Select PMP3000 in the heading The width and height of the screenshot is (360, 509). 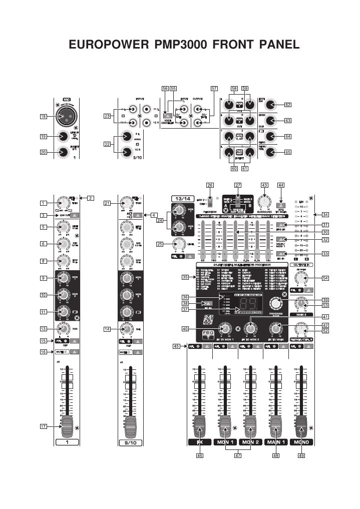(x=183, y=45)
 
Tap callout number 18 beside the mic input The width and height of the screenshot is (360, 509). (x=44, y=116)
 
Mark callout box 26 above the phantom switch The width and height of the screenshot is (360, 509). (x=210, y=185)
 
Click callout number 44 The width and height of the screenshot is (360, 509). (x=280, y=185)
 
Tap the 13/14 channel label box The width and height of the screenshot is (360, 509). (x=180, y=198)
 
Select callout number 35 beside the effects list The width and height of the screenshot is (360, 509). (x=185, y=276)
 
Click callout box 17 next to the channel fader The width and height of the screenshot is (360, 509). (x=44, y=426)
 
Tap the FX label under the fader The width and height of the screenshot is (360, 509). (x=199, y=442)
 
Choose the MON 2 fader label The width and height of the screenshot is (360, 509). (x=250, y=442)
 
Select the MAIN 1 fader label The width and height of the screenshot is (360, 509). (x=275, y=442)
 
